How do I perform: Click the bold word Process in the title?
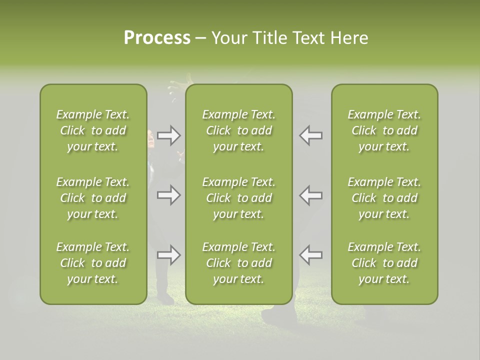pos(157,38)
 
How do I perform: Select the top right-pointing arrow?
pos(168,135)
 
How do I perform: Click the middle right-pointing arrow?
pos(168,195)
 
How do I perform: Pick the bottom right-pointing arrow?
pos(168,255)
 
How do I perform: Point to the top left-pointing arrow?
pos(310,135)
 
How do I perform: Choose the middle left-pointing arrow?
pos(310,195)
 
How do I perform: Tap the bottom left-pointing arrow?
pos(310,255)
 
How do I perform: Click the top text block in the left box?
pos(93,130)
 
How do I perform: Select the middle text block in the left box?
pos(93,198)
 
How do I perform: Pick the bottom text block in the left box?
pos(93,263)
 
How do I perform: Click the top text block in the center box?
pos(239,130)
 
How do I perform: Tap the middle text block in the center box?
pos(239,198)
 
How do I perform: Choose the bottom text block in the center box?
pos(239,263)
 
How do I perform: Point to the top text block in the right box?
pos(384,130)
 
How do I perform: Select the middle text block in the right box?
pos(384,198)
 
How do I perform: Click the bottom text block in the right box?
pos(384,263)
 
